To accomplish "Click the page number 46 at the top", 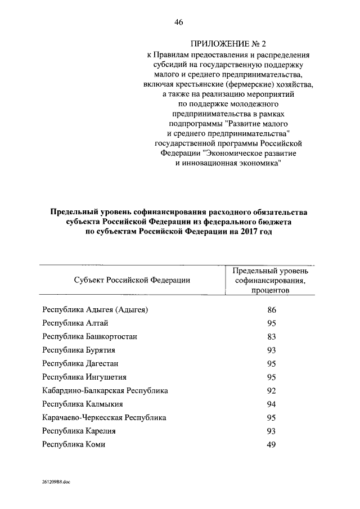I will coord(179,22).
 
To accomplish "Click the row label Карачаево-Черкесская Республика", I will coord(104,417).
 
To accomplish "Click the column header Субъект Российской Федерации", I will coord(131,280).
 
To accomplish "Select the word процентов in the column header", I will coord(270,291).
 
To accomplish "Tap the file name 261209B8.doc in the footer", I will coord(56,483).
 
